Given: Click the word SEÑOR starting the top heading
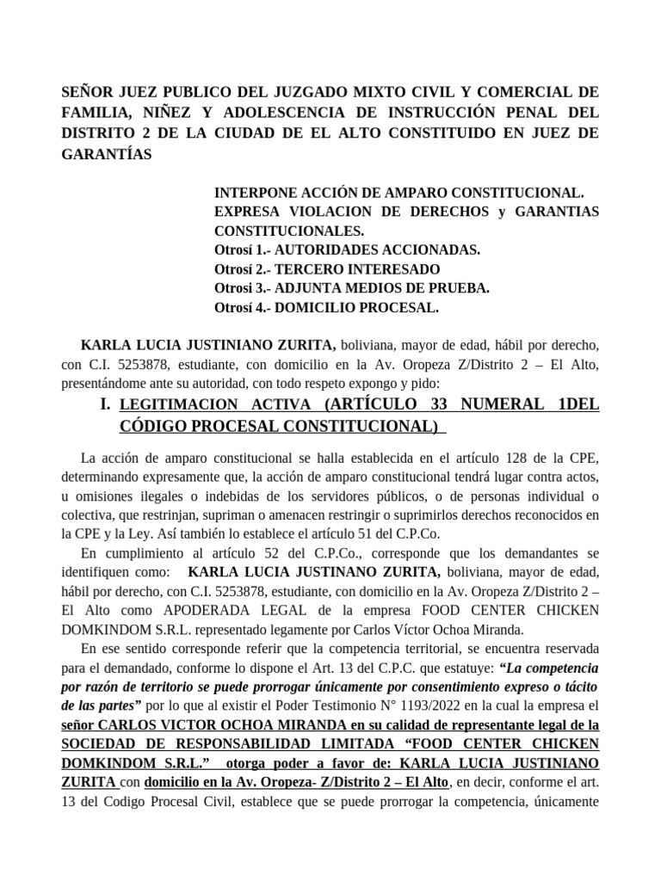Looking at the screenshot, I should pos(89,92).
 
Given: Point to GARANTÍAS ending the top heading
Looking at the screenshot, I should pos(107,155).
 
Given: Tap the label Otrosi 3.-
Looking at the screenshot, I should pos(244,288).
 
